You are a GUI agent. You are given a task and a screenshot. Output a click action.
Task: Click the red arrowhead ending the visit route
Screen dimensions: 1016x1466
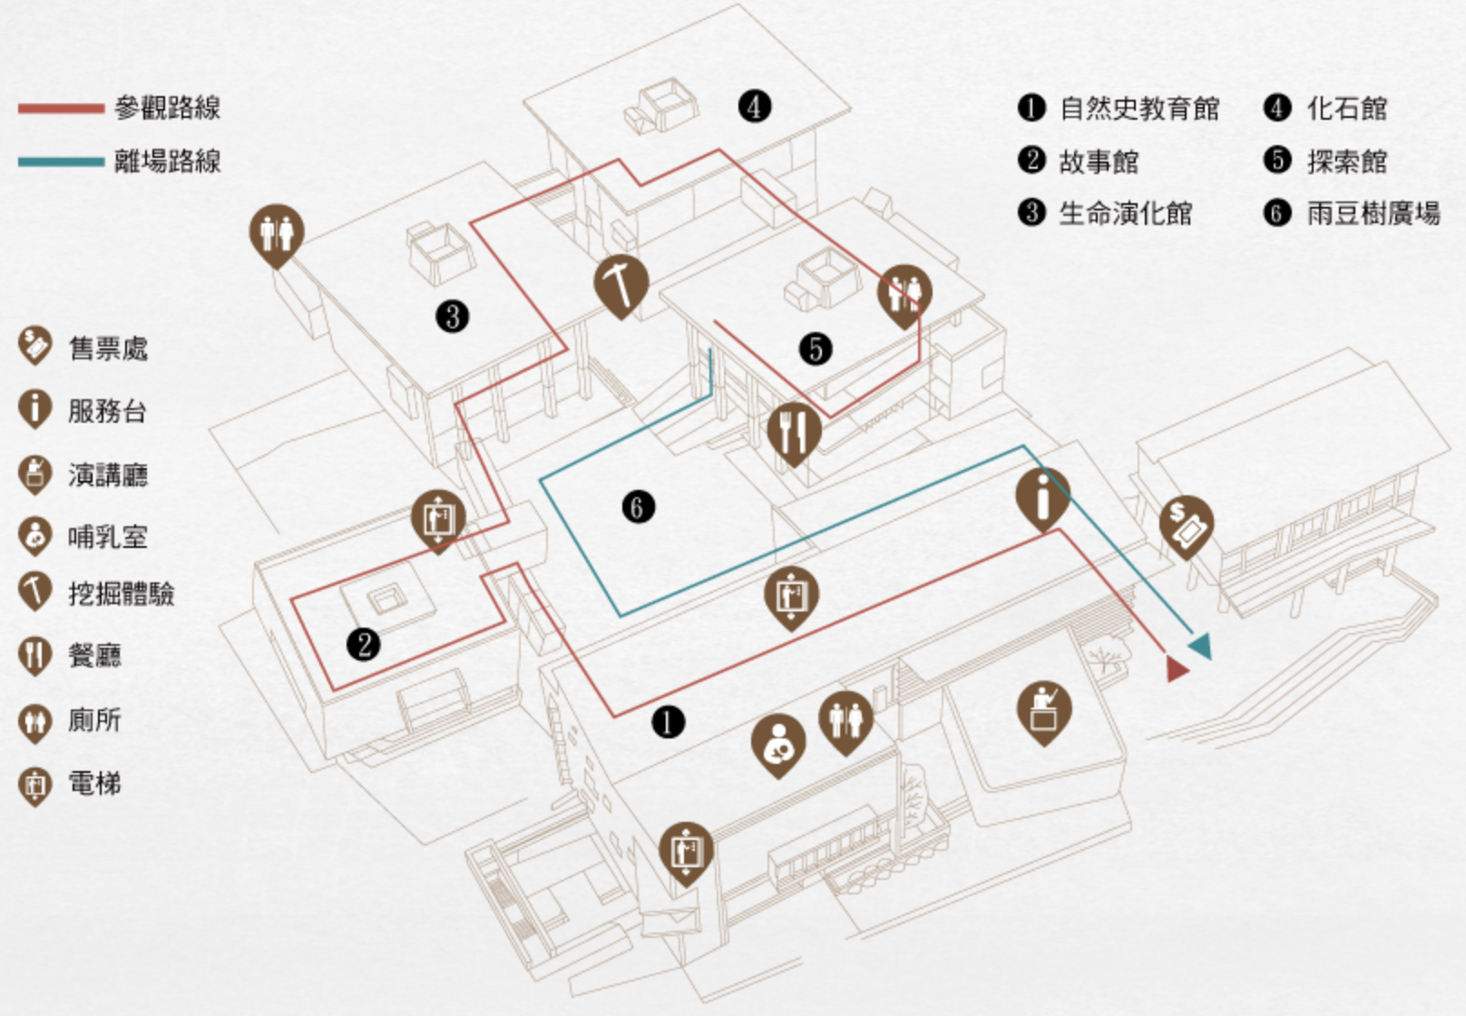click(x=1177, y=669)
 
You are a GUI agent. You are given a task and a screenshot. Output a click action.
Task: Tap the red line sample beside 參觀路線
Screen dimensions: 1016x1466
click(x=61, y=109)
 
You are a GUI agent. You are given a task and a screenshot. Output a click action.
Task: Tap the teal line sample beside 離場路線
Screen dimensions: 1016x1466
click(x=61, y=162)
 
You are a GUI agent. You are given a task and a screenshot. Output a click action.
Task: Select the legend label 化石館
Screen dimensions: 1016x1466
click(x=1346, y=109)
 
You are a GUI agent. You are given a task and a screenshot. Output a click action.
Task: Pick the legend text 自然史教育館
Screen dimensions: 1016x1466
click(x=1139, y=109)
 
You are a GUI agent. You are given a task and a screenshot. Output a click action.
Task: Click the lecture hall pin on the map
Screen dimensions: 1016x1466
click(x=1044, y=708)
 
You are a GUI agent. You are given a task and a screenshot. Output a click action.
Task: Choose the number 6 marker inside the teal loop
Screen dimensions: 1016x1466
click(x=638, y=506)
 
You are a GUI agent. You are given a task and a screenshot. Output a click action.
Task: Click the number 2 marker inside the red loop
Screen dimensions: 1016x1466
click(x=364, y=645)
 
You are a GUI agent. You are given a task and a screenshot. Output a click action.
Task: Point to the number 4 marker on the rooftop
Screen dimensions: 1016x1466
click(x=754, y=106)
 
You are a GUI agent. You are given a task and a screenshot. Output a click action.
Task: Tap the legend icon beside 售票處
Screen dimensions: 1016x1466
click(x=34, y=346)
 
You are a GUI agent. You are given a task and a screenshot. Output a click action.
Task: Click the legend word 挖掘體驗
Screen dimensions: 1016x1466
click(x=121, y=594)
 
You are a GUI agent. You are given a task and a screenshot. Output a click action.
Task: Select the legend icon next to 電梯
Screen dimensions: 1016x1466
click(x=34, y=784)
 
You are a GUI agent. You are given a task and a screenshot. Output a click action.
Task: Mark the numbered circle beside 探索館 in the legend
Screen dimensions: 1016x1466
click(x=1277, y=161)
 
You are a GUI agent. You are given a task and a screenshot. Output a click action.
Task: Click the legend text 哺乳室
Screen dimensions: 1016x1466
click(x=107, y=536)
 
